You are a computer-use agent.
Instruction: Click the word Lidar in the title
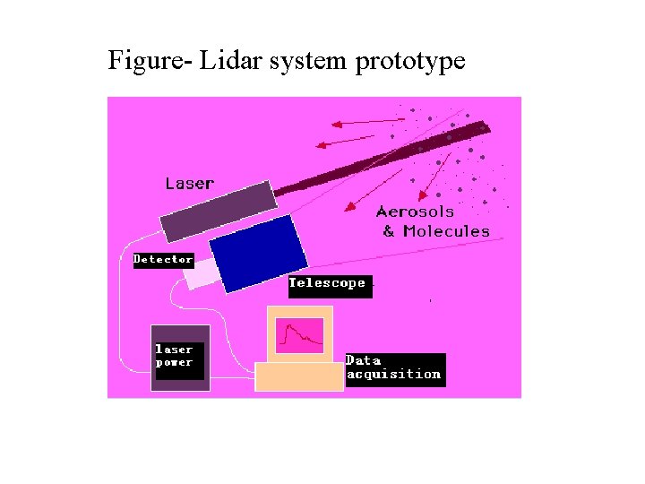pyautogui.click(x=228, y=61)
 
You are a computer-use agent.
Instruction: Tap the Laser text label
pyautogui.click(x=189, y=183)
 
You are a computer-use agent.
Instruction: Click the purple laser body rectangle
pyautogui.click(x=219, y=211)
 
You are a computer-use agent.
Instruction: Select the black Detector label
pyautogui.click(x=163, y=259)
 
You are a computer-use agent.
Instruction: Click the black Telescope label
pyautogui.click(x=327, y=283)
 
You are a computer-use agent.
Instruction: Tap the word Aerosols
pyautogui.click(x=415, y=212)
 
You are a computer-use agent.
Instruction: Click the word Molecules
pyautogui.click(x=446, y=231)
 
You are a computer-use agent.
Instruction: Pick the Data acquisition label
pyautogui.click(x=394, y=367)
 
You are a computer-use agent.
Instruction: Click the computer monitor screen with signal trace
pyautogui.click(x=299, y=335)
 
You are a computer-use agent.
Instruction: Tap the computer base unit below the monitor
pyautogui.click(x=299, y=376)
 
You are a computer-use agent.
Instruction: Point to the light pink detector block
pyautogui.click(x=202, y=273)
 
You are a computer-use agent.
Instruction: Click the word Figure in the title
pyautogui.click(x=139, y=61)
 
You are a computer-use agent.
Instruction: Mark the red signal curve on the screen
pyautogui.click(x=301, y=337)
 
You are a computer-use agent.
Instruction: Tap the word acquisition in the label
pyautogui.click(x=394, y=374)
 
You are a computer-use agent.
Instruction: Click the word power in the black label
pyautogui.click(x=174, y=362)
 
